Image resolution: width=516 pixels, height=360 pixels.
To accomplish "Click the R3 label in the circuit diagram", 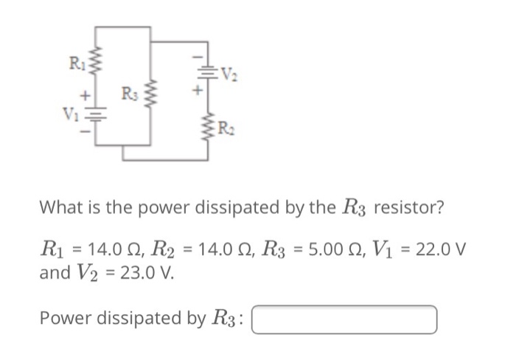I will pyautogui.click(x=130, y=95).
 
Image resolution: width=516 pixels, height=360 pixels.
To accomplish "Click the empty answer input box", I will pyautogui.click(x=346, y=319).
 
